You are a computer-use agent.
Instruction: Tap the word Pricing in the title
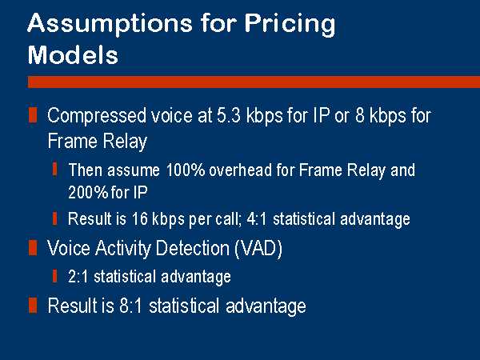point(290,25)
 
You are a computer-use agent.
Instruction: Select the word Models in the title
point(73,55)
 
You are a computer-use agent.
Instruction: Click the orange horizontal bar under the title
point(254,82)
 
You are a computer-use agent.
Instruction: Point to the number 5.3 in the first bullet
point(228,115)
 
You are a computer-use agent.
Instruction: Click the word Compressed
point(97,116)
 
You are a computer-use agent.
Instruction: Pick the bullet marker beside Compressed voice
point(33,115)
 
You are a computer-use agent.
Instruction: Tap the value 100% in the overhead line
point(186,170)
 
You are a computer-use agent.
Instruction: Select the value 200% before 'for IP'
point(88,193)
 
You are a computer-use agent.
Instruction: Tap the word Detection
point(193,248)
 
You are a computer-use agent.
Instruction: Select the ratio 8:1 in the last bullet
point(130,306)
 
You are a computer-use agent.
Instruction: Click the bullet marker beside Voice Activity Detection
point(33,248)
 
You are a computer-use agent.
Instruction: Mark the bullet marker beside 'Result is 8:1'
point(33,306)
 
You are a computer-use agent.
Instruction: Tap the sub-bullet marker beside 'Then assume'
point(54,170)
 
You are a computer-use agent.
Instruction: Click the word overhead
point(240,170)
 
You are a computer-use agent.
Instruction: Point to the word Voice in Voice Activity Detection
point(69,248)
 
